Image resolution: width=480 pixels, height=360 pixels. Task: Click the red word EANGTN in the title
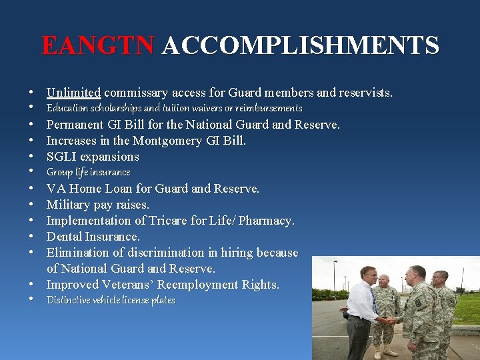[99, 45]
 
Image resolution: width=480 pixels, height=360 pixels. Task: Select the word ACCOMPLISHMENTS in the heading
[300, 45]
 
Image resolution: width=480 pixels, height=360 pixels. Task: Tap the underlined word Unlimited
[73, 92]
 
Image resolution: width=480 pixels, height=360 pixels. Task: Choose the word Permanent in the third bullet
[75, 125]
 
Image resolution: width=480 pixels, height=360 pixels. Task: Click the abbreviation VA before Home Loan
[56, 189]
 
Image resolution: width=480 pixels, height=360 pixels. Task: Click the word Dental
[65, 237]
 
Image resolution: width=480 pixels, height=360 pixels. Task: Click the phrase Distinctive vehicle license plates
[111, 301]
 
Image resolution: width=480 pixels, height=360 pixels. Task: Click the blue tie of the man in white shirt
[374, 301]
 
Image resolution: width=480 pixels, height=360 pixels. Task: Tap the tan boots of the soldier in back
[383, 350]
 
